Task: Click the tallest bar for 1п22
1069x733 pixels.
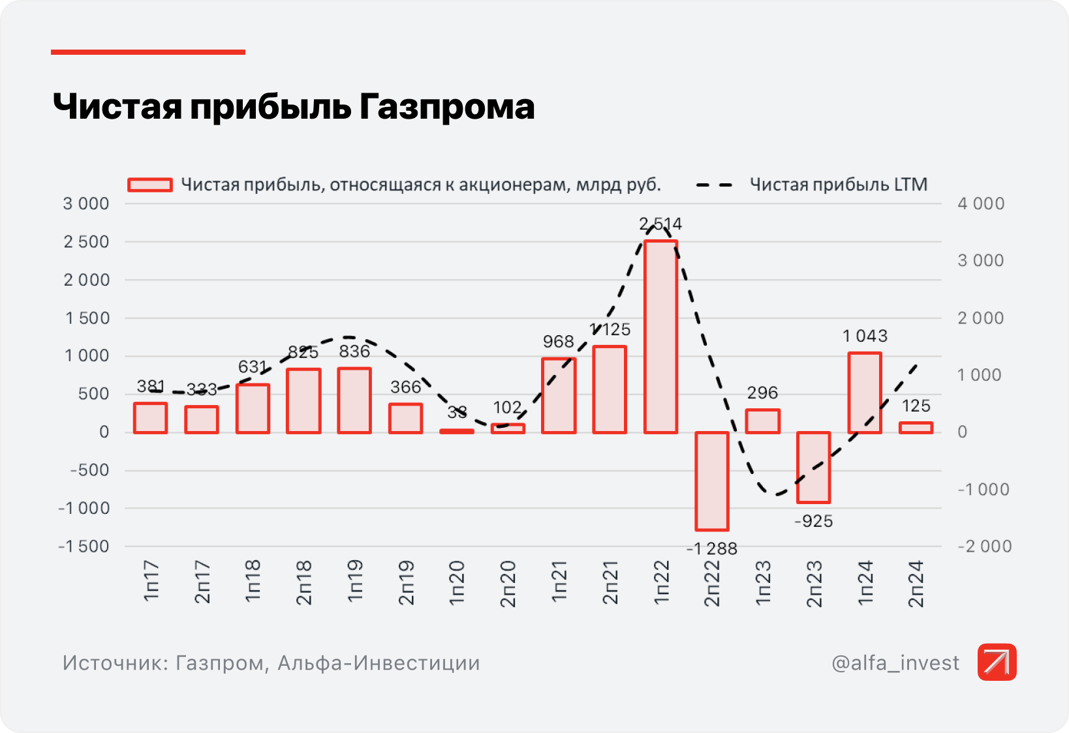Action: [x=660, y=337]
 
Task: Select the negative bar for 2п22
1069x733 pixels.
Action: [x=711, y=481]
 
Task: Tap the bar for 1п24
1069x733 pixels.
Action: [x=865, y=393]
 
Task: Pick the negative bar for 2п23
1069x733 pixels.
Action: [x=813, y=467]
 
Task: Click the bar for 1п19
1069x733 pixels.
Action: [x=354, y=400]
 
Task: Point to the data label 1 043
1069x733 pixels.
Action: [x=865, y=336]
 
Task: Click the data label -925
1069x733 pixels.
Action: [x=813, y=521]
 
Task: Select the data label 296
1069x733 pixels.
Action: [x=762, y=393]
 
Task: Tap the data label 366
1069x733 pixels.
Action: [x=405, y=387]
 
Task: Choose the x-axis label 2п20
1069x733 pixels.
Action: [x=508, y=584]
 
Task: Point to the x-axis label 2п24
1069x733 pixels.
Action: [x=916, y=584]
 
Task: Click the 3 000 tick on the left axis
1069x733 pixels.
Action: [x=86, y=203]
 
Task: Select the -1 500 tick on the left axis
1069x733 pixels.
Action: [x=84, y=546]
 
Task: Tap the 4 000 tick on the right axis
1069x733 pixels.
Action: [x=981, y=203]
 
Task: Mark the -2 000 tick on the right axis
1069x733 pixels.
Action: [x=984, y=546]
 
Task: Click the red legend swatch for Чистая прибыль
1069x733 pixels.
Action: [x=150, y=185]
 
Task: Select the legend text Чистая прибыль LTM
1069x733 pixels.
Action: [x=839, y=185]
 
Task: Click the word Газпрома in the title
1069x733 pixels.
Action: [x=446, y=106]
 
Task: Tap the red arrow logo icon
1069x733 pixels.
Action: [x=997, y=662]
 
